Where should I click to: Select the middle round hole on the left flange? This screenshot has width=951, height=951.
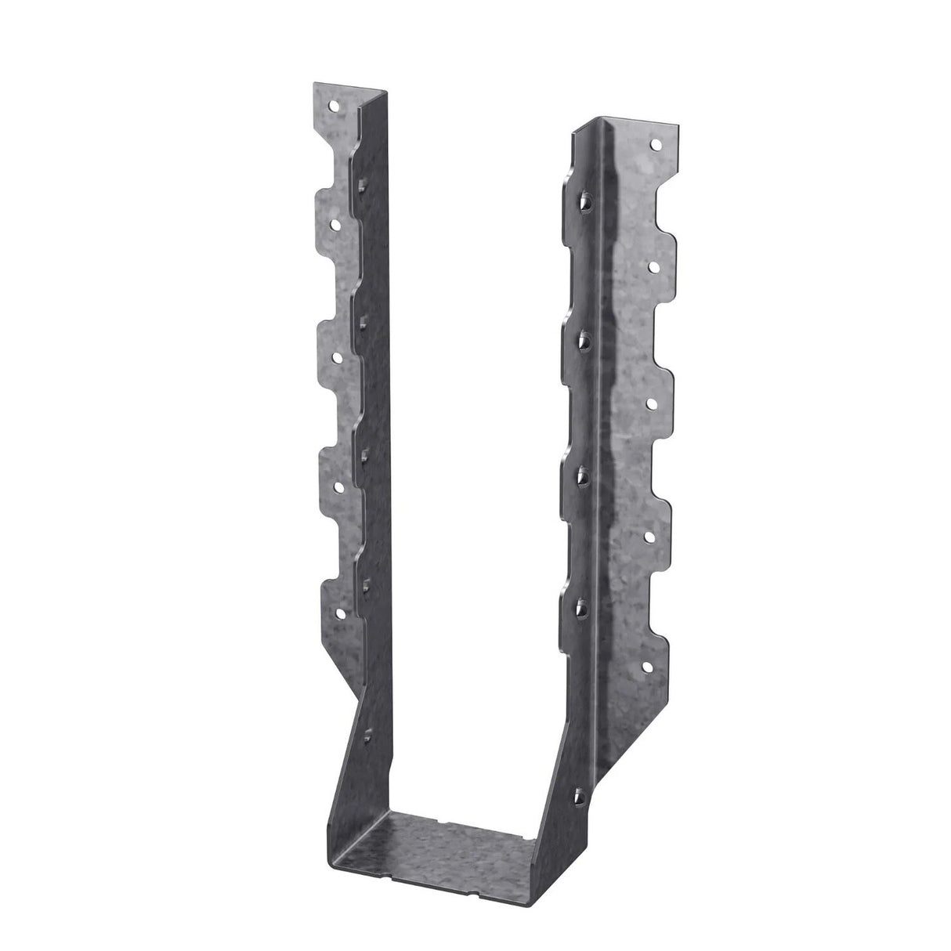pyautogui.click(x=338, y=356)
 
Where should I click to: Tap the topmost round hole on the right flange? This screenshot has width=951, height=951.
pyautogui.click(x=656, y=145)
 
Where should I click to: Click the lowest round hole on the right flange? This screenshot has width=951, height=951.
pyautogui.click(x=647, y=668)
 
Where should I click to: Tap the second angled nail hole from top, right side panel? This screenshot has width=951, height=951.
pyautogui.click(x=584, y=338)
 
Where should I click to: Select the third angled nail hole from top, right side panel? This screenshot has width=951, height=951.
pyautogui.click(x=584, y=472)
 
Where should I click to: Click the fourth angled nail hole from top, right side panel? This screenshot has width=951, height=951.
pyautogui.click(x=584, y=606)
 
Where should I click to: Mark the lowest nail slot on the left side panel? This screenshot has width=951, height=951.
pyautogui.click(x=367, y=733)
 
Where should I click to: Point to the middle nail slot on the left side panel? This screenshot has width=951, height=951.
pyautogui.click(x=364, y=450)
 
